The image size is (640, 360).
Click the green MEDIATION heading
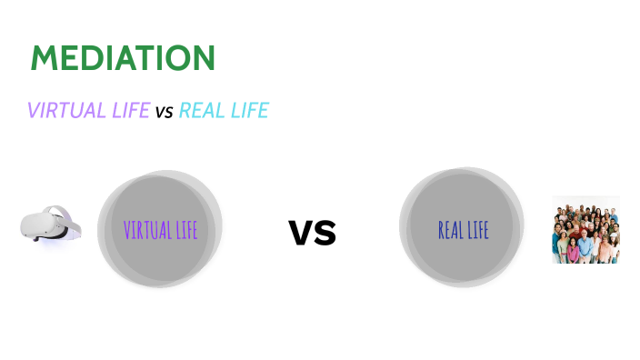click(123, 58)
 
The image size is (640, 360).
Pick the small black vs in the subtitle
click(164, 113)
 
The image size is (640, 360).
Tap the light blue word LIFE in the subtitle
click(250, 111)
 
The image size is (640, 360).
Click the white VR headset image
click(51, 225)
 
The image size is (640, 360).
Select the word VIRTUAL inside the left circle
click(145, 229)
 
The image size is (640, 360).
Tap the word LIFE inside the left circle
click(185, 229)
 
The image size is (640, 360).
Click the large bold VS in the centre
click(313, 232)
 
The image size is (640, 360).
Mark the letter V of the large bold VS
click(301, 233)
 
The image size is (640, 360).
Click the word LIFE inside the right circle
click(479, 230)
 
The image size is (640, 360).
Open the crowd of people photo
click(585, 230)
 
